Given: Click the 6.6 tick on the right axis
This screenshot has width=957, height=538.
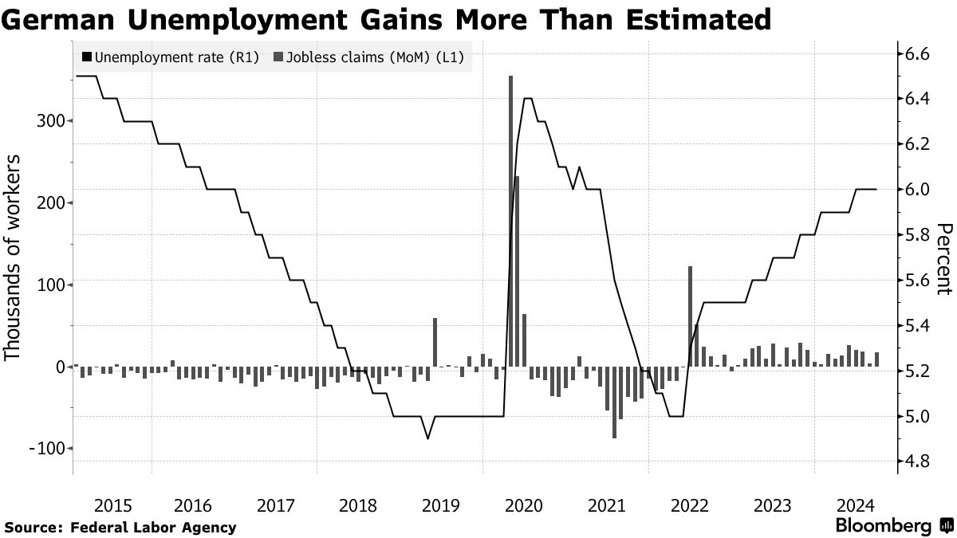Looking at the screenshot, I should point(916,54).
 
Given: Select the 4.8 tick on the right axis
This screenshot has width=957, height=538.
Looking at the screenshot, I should point(916,461).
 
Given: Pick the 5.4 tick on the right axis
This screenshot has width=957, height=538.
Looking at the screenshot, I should point(916,326).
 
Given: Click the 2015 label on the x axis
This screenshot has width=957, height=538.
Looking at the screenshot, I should point(112,505).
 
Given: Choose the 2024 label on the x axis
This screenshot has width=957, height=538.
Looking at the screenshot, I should point(856,505).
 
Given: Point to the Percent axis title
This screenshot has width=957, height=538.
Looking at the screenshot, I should point(943,258).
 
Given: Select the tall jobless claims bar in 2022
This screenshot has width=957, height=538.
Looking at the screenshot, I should point(690,315).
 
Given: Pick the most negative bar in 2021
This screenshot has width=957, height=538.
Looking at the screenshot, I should point(614,403).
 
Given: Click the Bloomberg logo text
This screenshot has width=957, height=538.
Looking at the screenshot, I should point(883,526).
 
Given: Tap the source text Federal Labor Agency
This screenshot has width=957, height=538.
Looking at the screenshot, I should point(153,527).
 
